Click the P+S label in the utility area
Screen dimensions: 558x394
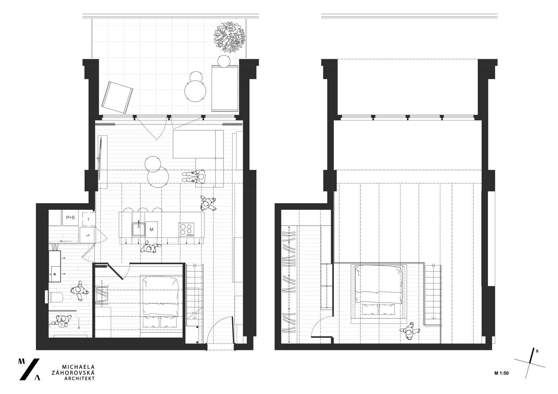point(70,218)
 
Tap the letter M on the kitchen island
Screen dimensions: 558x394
point(152,230)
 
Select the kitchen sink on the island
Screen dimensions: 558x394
point(138,229)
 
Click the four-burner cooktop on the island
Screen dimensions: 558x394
point(186,230)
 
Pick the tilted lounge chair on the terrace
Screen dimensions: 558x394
point(117,98)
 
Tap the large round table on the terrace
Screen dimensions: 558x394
point(195,91)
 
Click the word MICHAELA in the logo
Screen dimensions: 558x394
point(78,367)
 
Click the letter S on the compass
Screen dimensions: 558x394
point(537,351)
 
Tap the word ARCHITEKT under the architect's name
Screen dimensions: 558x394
point(80,379)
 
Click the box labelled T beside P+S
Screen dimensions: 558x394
point(88,219)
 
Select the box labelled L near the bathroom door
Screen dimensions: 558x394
point(87,235)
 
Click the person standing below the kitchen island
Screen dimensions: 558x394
point(150,248)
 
